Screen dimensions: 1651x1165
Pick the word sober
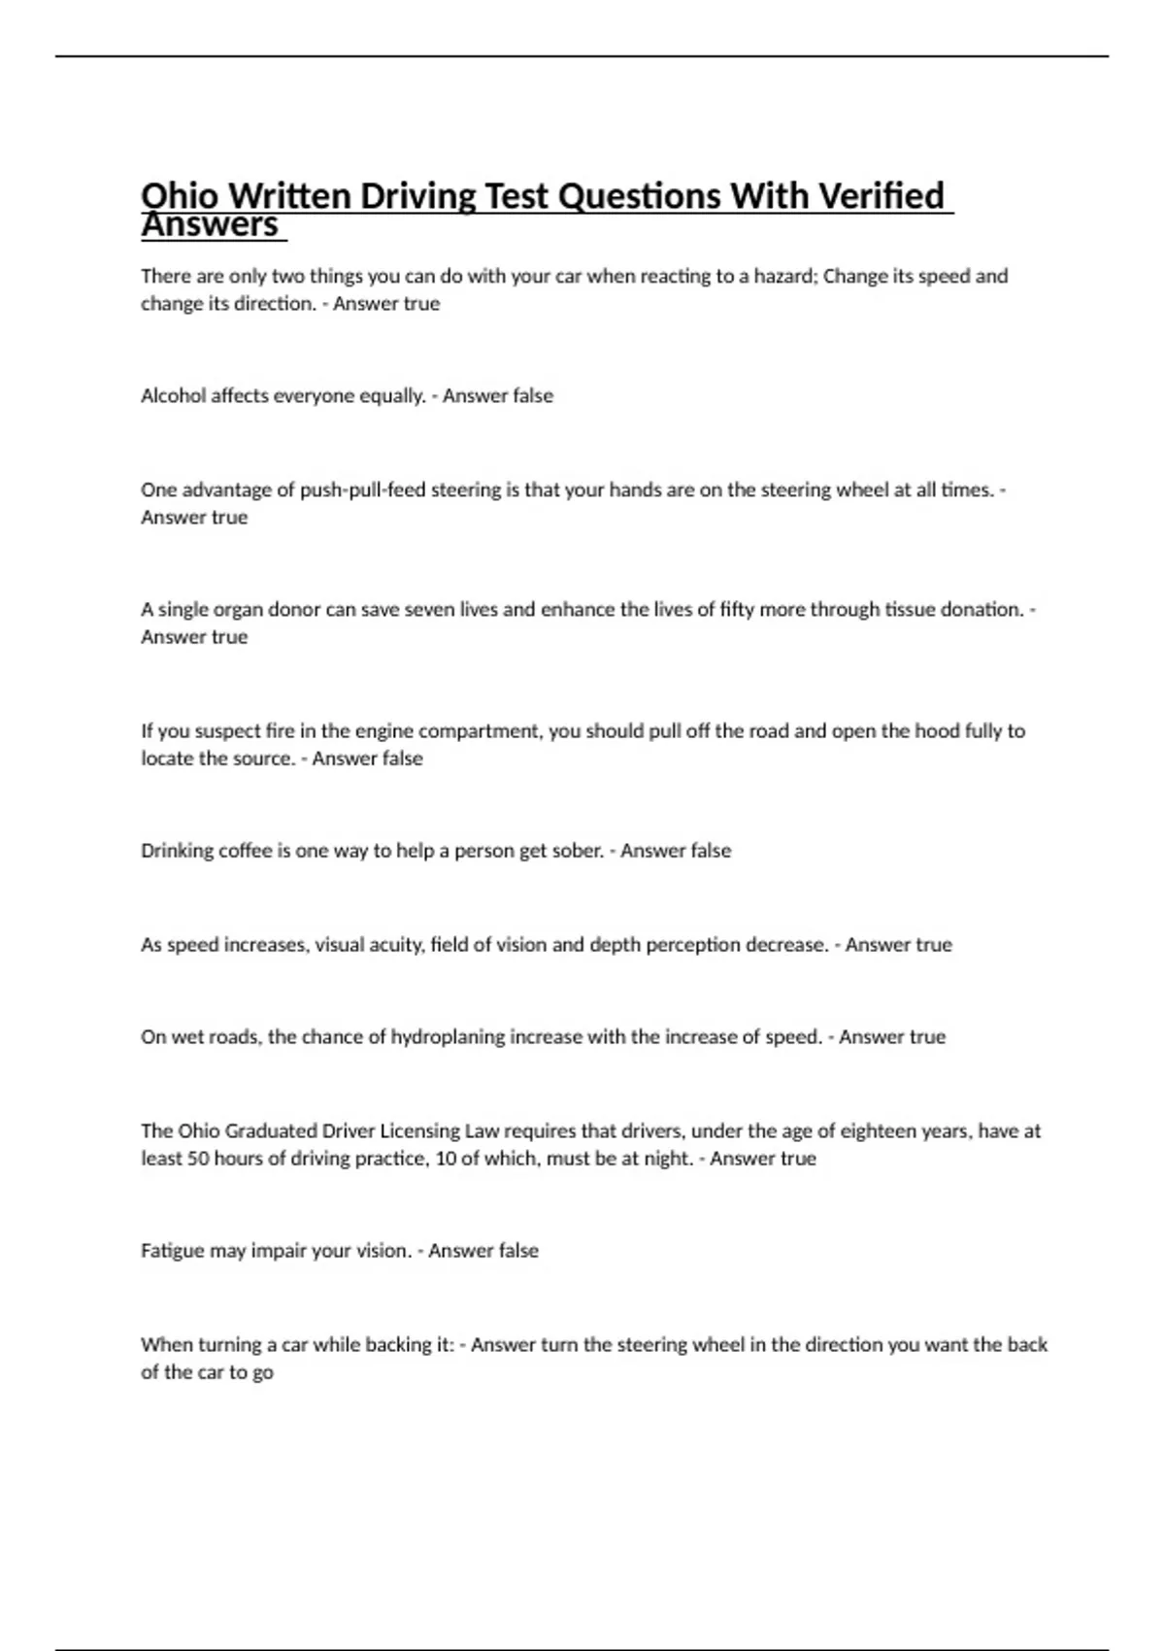578,850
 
